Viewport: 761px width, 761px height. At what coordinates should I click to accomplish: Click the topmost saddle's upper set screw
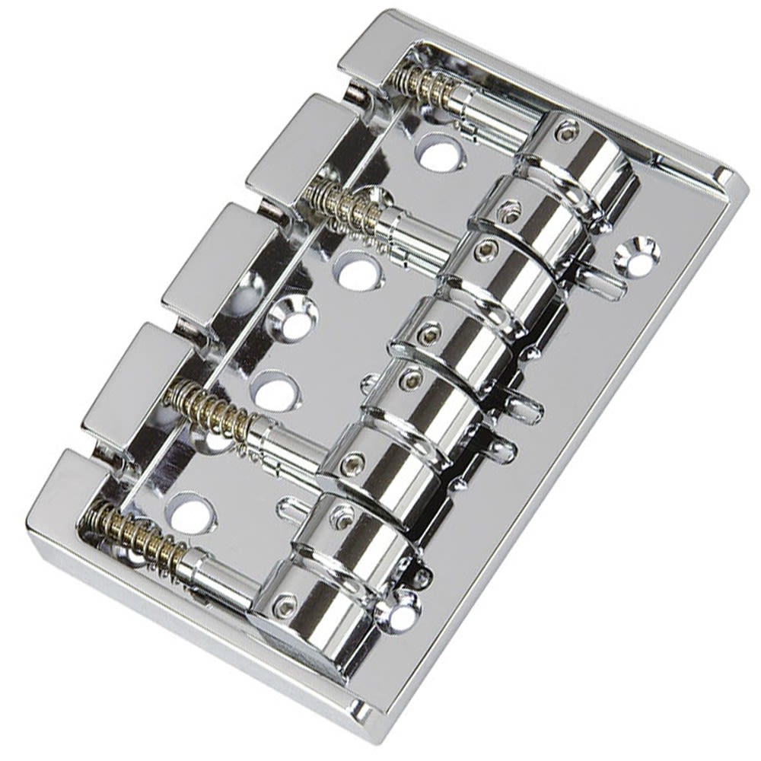click(x=562, y=135)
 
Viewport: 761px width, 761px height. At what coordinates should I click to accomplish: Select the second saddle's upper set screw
click(x=508, y=206)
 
